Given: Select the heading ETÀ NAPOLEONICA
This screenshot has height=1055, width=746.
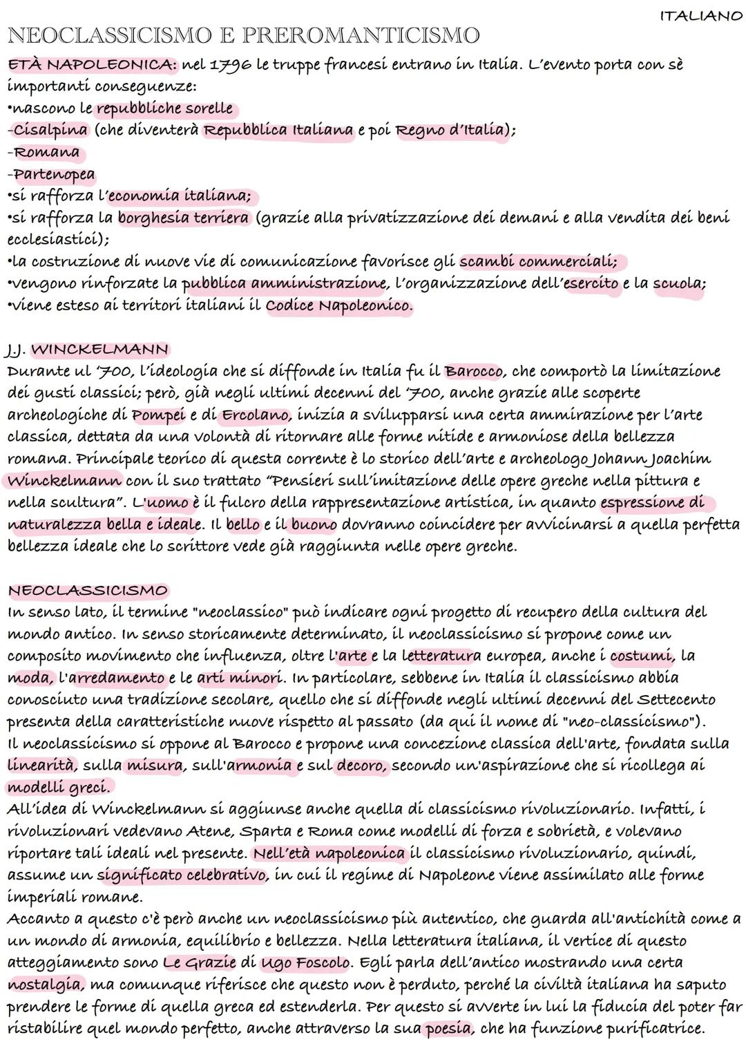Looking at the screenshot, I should click(x=91, y=65).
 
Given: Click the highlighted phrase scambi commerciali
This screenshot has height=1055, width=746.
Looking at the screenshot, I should click(x=537, y=262).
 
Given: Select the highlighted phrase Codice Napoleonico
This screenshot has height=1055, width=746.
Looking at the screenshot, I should click(x=338, y=305).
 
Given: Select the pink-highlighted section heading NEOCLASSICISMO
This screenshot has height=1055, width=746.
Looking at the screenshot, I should click(x=88, y=591).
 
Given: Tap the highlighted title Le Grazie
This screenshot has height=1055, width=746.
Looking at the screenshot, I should click(x=200, y=962).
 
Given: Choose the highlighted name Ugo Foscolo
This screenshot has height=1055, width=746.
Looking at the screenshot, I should click(x=305, y=962).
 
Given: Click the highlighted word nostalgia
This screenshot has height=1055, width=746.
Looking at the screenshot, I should click(x=45, y=985).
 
